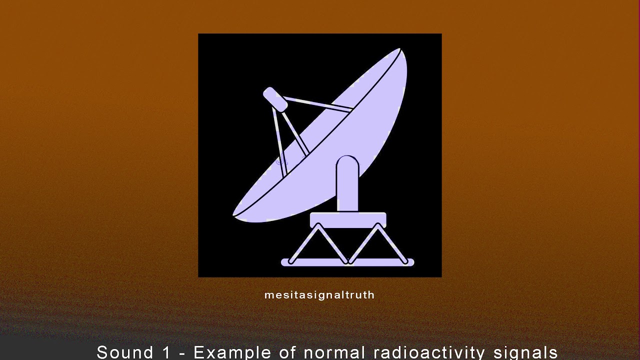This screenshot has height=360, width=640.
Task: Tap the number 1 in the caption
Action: [166, 352]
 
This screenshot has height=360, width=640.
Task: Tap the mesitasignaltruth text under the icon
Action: [319, 295]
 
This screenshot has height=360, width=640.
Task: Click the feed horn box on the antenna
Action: [275, 99]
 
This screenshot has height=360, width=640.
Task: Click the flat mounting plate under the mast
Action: [348, 219]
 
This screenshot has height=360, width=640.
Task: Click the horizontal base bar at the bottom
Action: [348, 262]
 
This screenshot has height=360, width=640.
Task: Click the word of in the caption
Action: [288, 352]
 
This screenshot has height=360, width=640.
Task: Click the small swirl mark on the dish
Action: [282, 161]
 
